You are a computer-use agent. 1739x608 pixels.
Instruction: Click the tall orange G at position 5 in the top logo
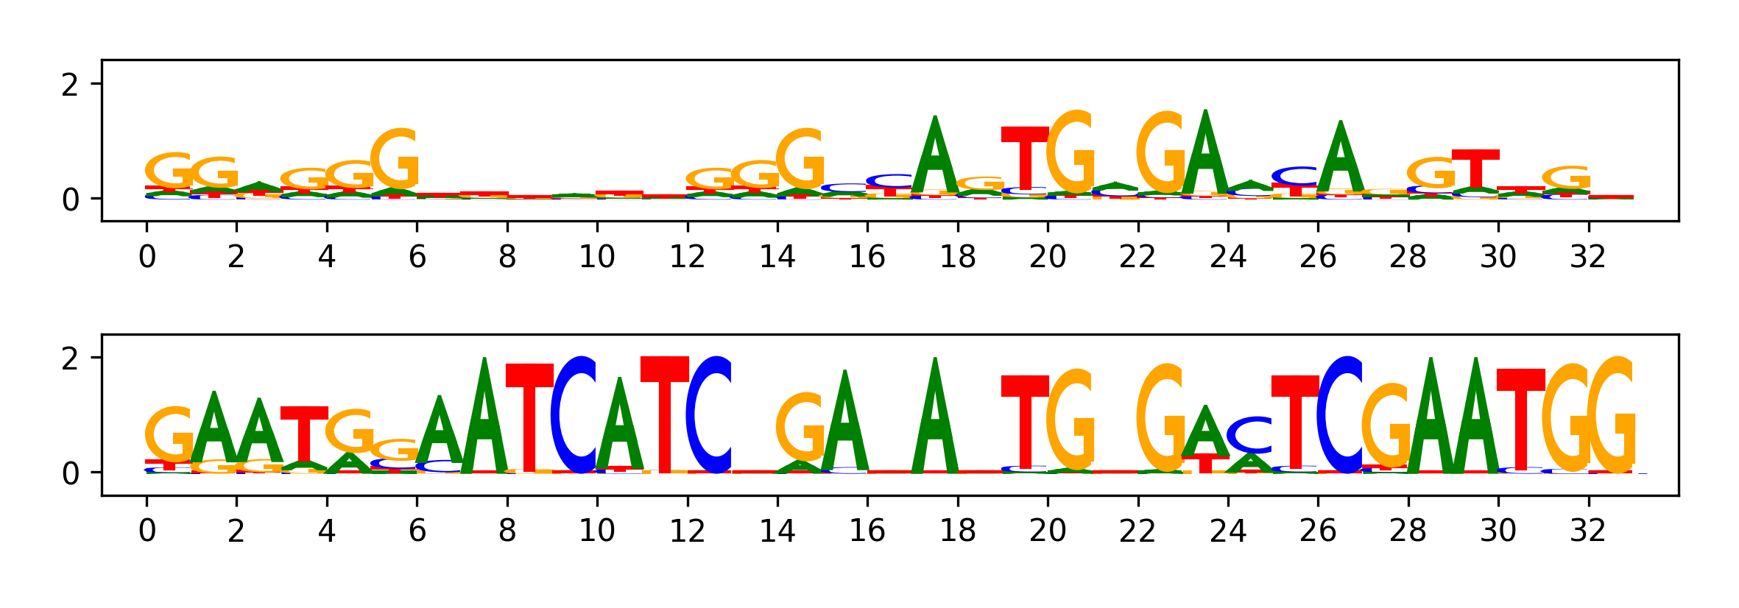click(395, 159)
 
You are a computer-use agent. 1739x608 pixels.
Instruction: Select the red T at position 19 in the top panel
click(1024, 158)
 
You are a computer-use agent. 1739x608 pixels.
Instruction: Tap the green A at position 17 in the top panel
click(934, 156)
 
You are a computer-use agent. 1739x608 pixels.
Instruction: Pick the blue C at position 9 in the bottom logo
click(574, 414)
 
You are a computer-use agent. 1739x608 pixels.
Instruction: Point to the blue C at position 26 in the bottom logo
click(1340, 414)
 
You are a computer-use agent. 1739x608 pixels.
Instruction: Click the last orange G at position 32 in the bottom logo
click(1611, 414)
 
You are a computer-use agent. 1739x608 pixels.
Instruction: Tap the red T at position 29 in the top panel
click(1475, 169)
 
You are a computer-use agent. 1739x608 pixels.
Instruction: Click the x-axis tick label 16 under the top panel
click(867, 257)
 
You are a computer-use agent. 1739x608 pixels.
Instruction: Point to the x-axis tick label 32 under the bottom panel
click(1588, 531)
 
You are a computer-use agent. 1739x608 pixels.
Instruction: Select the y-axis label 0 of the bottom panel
click(70, 473)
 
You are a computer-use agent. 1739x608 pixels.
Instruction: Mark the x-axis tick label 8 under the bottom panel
click(507, 531)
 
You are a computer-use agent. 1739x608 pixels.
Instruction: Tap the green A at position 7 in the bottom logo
click(484, 414)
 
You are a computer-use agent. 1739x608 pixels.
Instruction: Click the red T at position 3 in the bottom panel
click(304, 434)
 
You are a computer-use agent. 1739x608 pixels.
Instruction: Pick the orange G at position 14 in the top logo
click(800, 159)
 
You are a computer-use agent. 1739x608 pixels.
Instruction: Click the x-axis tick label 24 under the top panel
click(1228, 257)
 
